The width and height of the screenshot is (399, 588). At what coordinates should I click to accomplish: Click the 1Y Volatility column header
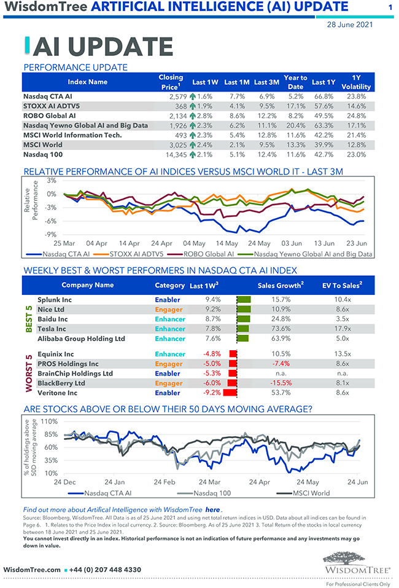(x=356, y=82)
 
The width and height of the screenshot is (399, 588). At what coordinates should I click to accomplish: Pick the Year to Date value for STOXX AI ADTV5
(x=295, y=106)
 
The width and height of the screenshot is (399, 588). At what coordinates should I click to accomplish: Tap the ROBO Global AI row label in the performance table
(x=49, y=116)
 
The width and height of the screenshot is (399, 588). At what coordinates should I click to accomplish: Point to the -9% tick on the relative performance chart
(x=51, y=234)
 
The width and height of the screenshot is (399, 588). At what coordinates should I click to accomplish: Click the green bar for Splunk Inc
(x=244, y=300)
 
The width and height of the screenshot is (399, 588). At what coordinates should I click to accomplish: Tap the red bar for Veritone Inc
(x=230, y=393)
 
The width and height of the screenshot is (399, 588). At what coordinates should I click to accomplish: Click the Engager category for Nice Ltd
(x=169, y=310)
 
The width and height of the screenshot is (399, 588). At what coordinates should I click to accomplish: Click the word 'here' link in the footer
(x=212, y=509)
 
